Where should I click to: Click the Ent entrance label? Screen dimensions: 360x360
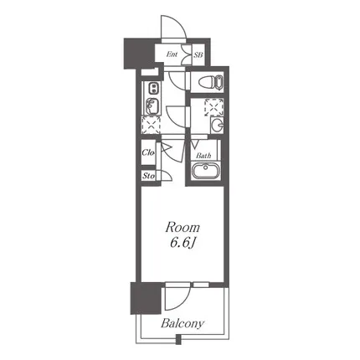click(x=172, y=54)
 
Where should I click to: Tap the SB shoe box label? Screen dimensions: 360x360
click(x=198, y=54)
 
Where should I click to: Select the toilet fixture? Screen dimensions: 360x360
click(x=211, y=82)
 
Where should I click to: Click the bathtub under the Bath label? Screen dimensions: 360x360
click(x=206, y=172)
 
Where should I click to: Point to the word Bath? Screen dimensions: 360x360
click(x=203, y=156)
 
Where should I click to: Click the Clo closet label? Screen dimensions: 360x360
click(x=148, y=152)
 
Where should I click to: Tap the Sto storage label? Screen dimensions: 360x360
click(x=148, y=176)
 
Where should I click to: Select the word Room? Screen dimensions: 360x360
click(x=183, y=228)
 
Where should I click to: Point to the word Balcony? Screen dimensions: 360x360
click(x=183, y=323)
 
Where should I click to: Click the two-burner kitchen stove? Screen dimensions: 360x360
click(x=152, y=88)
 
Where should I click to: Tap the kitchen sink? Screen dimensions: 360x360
click(x=152, y=106)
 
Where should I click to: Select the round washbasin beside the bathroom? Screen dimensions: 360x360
click(x=217, y=125)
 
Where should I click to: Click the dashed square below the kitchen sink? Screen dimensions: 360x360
click(x=152, y=125)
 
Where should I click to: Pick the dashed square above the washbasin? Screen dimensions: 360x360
click(x=214, y=107)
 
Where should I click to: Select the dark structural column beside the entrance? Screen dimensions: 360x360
click(x=138, y=54)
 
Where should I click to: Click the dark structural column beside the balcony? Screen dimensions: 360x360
click(x=146, y=298)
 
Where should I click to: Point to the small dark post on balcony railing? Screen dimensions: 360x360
click(x=178, y=340)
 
